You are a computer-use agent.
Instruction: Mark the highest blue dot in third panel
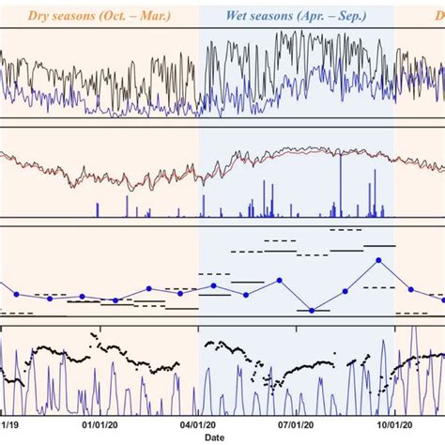coord(378,260)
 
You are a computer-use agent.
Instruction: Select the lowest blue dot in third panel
coord(313,310)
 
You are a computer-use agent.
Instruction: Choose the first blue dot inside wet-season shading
coord(214,285)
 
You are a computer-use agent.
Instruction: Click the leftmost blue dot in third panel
coord(16,295)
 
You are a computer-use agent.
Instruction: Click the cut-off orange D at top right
coord(438,16)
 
